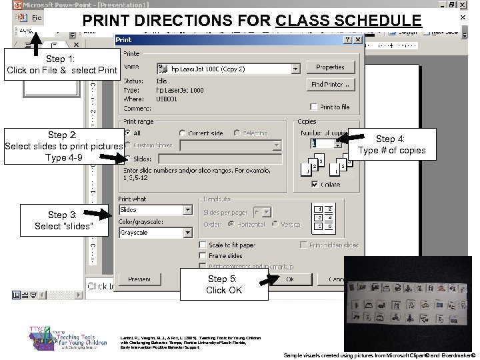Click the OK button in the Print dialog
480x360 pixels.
(289, 279)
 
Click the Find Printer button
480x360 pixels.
(330, 85)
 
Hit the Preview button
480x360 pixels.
(139, 279)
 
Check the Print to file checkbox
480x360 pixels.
(314, 107)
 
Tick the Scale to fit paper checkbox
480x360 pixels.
(203, 245)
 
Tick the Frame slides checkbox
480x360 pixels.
(203, 255)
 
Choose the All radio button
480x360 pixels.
(127, 133)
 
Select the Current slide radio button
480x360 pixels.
(182, 133)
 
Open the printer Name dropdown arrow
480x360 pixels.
(296, 69)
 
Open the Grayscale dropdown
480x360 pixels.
(187, 233)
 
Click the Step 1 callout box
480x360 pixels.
(62, 65)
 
